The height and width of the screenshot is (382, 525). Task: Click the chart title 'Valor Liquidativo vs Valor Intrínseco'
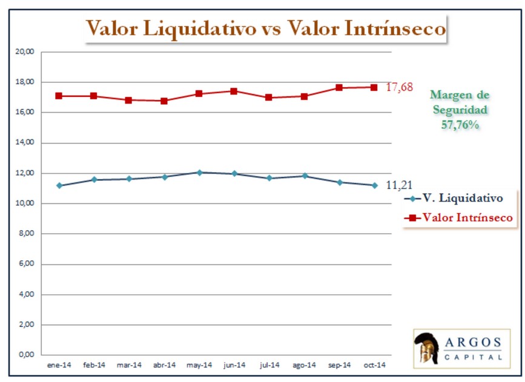(x=265, y=28)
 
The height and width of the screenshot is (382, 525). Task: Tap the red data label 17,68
(x=400, y=87)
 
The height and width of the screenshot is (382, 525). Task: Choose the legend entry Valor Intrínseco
(x=460, y=217)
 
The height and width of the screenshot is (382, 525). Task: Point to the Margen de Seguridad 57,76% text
(x=460, y=110)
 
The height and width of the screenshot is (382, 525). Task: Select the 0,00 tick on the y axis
(x=27, y=355)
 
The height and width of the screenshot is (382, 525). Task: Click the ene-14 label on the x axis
(x=59, y=365)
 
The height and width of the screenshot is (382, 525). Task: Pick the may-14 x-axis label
(x=199, y=365)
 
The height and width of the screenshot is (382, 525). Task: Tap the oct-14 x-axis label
(x=374, y=365)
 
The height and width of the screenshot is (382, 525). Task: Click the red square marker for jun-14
(x=234, y=91)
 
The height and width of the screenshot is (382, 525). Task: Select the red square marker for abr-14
(x=164, y=101)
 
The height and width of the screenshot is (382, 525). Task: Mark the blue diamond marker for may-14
(x=199, y=173)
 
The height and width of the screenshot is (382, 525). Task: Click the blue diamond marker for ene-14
(x=59, y=185)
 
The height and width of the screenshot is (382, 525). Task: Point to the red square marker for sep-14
(x=339, y=88)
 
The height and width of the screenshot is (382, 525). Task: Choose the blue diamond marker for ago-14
(x=304, y=176)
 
